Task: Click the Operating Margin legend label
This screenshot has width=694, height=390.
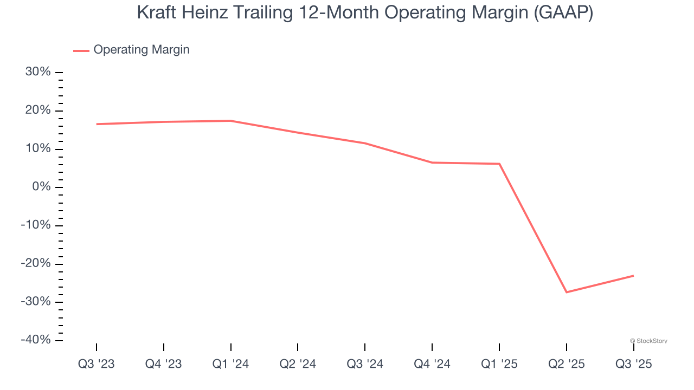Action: point(142,50)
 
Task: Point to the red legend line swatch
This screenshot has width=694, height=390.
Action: point(81,50)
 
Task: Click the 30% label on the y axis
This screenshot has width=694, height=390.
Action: point(38,72)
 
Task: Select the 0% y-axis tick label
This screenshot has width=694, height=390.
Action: point(42,187)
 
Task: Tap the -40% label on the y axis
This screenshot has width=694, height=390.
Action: point(36,340)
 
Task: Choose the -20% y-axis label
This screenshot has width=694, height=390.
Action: point(36,263)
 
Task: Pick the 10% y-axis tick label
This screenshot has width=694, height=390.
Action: point(38,149)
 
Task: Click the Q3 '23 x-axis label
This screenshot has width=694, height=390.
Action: point(97,364)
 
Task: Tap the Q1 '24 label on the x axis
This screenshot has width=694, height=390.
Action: point(231,364)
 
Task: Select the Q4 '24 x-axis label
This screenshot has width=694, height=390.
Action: point(432,364)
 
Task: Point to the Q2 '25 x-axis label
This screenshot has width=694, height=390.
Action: point(567,364)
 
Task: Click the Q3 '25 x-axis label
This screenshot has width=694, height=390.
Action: point(633,364)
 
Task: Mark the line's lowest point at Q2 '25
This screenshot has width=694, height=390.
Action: point(567,292)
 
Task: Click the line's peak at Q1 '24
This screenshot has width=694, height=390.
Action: point(231,121)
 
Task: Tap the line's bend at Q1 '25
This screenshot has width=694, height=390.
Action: point(499,164)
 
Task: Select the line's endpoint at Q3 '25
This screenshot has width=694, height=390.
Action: point(633,276)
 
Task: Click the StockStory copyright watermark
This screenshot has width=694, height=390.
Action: point(648,341)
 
